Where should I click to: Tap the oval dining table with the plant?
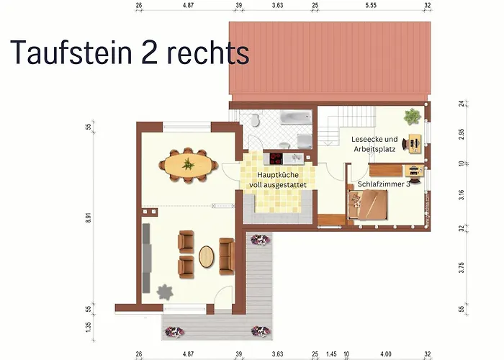189,164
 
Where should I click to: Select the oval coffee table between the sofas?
207,257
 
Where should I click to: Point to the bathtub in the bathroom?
295,117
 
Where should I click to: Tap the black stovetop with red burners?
277,156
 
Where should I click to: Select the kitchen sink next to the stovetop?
298,156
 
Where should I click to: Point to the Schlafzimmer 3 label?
383,184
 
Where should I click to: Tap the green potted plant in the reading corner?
412,115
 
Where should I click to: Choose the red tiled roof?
328,61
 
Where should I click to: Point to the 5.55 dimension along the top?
371,5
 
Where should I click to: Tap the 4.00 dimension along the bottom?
387,354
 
